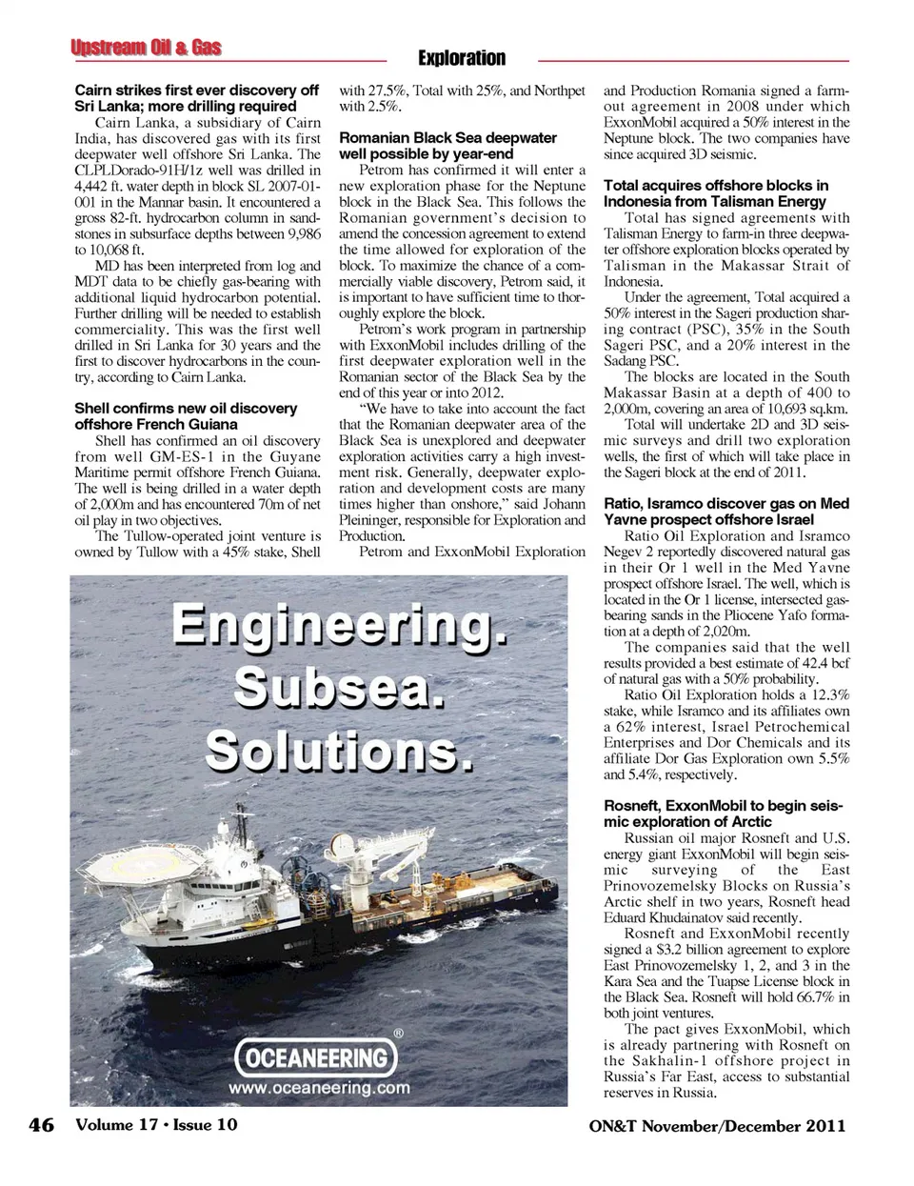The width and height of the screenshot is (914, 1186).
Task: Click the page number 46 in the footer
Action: [x=42, y=1125]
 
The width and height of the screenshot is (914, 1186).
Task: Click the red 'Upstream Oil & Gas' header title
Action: [x=146, y=48]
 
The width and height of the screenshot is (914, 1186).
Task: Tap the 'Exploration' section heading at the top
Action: [x=462, y=58]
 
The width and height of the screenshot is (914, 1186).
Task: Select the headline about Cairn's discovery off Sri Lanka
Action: [x=197, y=98]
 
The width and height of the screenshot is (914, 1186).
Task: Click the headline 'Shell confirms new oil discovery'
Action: [x=186, y=416]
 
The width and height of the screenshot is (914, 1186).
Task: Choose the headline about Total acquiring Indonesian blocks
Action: [x=716, y=193]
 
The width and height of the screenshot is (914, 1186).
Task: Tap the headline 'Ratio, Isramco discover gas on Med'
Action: [x=725, y=512]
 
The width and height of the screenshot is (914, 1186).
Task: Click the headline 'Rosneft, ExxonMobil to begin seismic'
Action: [x=724, y=814]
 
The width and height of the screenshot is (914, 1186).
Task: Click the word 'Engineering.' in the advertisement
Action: [x=340, y=627]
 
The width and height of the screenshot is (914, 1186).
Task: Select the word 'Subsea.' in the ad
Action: [x=340, y=687]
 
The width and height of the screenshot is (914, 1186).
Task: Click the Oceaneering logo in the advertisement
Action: [x=316, y=1057]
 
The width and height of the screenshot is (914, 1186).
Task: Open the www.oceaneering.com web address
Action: [x=319, y=1088]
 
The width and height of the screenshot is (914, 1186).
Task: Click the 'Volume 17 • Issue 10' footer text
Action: [x=156, y=1125]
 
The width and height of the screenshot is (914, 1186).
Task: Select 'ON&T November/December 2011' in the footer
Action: [x=717, y=1126]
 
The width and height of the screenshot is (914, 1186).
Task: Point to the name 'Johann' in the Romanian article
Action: [x=564, y=504]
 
